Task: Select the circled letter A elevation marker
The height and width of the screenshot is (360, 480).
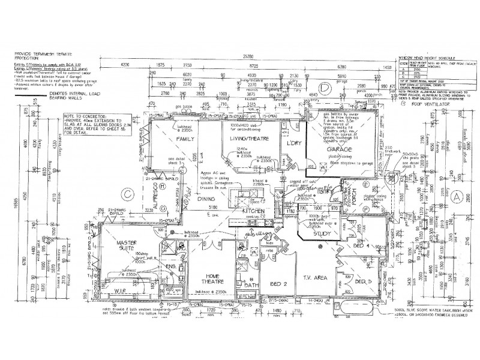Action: tap(458, 196)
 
